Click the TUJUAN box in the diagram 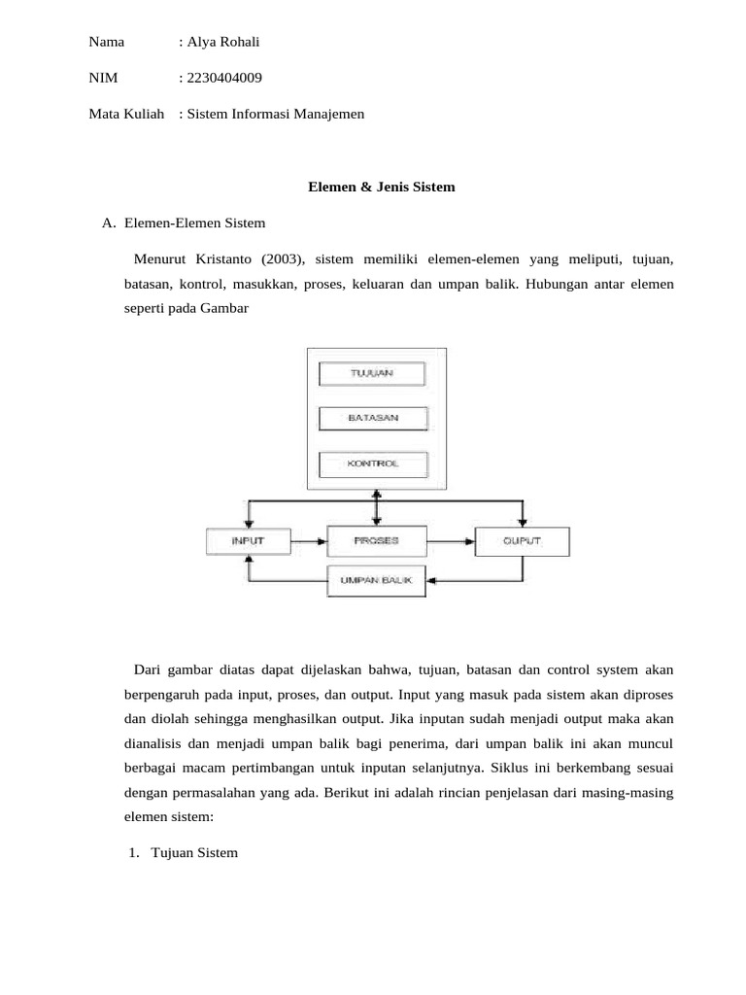372,372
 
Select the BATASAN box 372,418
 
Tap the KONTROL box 372,463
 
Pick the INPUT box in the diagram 248,539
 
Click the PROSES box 378,539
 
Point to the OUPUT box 522,539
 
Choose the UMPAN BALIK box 377,580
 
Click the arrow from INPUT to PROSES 310,539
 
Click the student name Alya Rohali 223,42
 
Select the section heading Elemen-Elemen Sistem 194,223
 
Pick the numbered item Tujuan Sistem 194,853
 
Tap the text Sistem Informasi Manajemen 275,114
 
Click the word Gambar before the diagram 226,307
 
